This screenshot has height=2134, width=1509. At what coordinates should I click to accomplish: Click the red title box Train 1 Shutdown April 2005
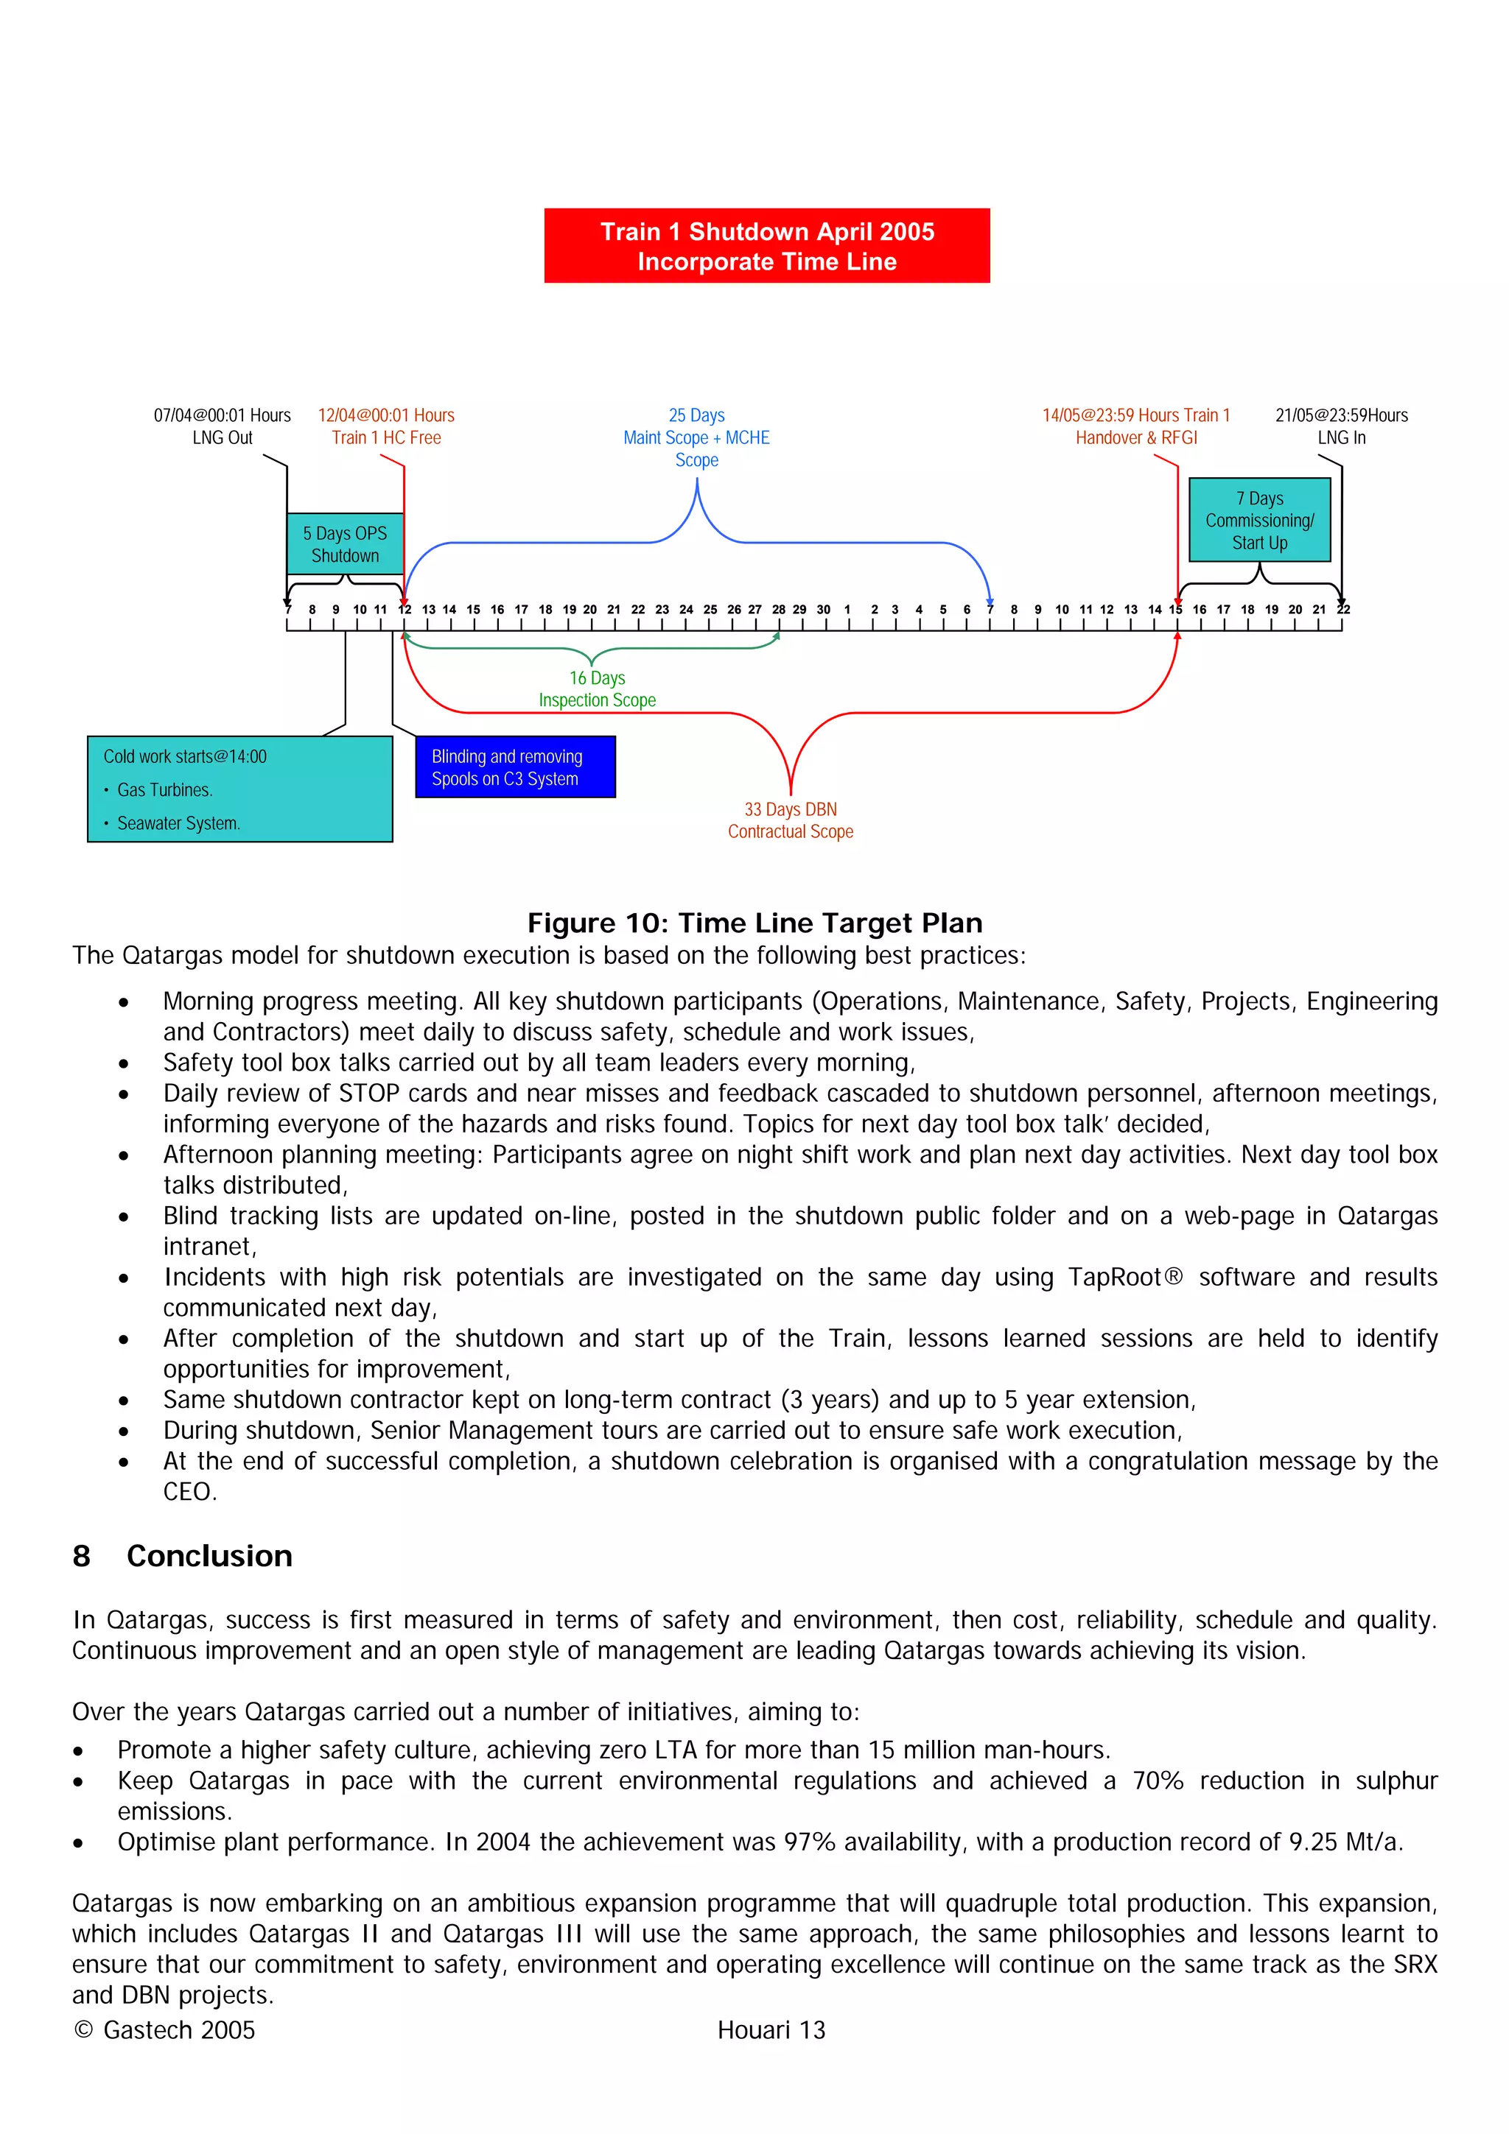pyautogui.click(x=766, y=245)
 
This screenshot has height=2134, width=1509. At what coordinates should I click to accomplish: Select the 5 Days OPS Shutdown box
pyautogui.click(x=345, y=543)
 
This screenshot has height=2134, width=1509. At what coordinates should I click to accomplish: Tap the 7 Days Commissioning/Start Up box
pyautogui.click(x=1259, y=520)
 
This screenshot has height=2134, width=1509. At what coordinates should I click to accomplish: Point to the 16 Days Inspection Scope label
pyautogui.click(x=597, y=689)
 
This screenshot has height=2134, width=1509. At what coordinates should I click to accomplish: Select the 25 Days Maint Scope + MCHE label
pyautogui.click(x=696, y=437)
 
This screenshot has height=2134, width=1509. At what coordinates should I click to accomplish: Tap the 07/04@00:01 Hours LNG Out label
pyautogui.click(x=223, y=426)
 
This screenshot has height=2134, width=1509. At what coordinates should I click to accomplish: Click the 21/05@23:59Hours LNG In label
pyautogui.click(x=1341, y=426)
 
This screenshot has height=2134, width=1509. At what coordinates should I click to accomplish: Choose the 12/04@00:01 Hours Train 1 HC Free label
pyautogui.click(x=386, y=426)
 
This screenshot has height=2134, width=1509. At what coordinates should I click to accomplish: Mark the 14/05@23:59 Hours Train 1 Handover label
pyautogui.click(x=1135, y=426)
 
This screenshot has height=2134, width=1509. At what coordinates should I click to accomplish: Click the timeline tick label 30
pyautogui.click(x=823, y=610)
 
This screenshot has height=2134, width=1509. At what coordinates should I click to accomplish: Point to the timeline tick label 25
pyautogui.click(x=710, y=610)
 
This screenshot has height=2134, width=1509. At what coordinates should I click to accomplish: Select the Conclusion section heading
pyautogui.click(x=209, y=1555)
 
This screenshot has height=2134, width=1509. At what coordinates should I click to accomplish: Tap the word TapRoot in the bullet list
pyautogui.click(x=1115, y=1276)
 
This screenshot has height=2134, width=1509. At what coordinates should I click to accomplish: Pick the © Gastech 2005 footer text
pyautogui.click(x=164, y=2030)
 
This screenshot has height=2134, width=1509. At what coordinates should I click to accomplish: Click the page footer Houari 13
pyautogui.click(x=771, y=2030)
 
